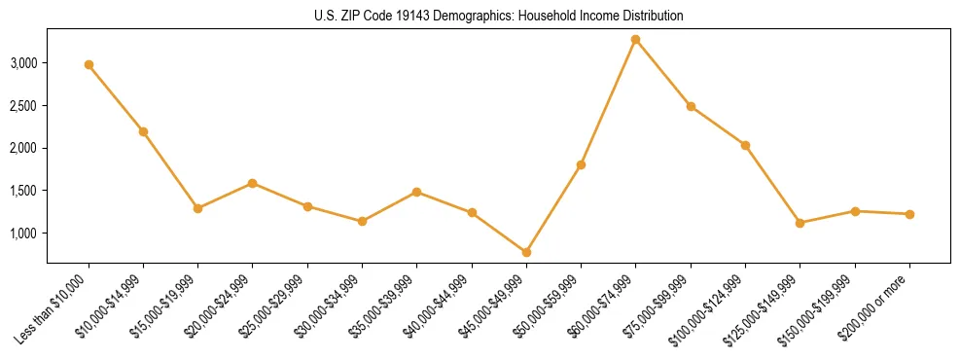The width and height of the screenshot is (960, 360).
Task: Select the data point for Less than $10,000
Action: pyautogui.click(x=89, y=64)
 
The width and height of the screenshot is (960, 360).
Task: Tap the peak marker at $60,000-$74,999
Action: pyautogui.click(x=635, y=39)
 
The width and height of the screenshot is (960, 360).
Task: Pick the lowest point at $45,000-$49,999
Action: pyautogui.click(x=526, y=252)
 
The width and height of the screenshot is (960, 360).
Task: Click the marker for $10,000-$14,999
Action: pyautogui.click(x=143, y=131)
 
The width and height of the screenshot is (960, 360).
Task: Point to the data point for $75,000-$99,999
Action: pyautogui.click(x=691, y=106)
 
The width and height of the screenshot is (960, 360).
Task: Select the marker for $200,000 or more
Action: pyautogui.click(x=909, y=214)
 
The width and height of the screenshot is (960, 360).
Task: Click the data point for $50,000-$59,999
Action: pyautogui.click(x=581, y=164)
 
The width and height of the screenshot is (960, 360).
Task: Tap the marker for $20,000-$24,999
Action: pyautogui.click(x=252, y=183)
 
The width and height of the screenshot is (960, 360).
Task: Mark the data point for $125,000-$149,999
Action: pyautogui.click(x=800, y=223)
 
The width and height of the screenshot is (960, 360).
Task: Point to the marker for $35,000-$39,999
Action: pyautogui.click(x=416, y=192)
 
